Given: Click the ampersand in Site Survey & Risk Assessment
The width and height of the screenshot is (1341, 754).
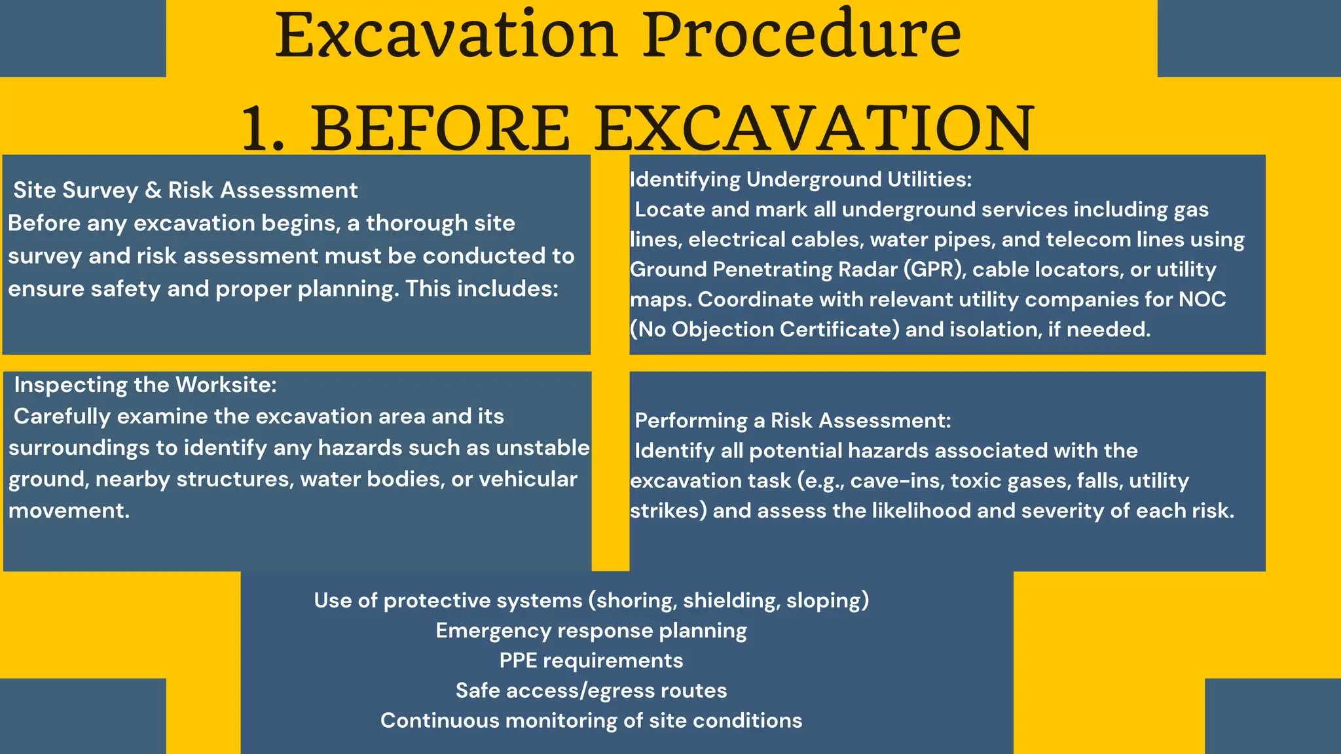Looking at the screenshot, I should click(x=153, y=190).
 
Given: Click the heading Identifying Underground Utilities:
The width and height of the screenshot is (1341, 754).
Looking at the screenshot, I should click(x=801, y=179).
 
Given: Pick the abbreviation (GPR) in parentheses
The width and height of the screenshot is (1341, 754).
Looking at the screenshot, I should click(x=934, y=269).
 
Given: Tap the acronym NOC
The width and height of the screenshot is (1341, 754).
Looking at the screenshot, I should click(x=1202, y=299).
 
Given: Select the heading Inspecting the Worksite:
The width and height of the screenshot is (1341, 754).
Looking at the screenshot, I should click(x=145, y=385).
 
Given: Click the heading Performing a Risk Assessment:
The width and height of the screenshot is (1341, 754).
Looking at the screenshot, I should click(x=792, y=420).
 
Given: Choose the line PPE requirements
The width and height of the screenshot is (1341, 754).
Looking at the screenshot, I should click(x=591, y=660).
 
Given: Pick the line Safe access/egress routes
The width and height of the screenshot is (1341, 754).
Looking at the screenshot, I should click(x=591, y=691).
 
